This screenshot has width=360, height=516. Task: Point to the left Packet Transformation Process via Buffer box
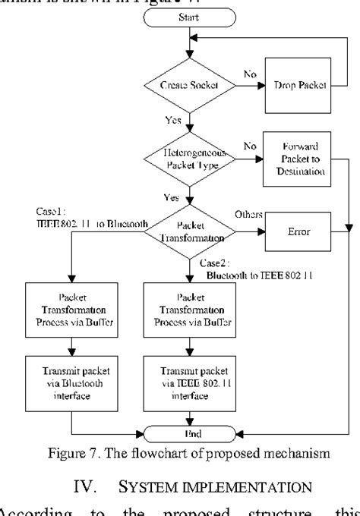pos(70,310)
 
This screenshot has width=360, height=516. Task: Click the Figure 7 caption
pos(186,454)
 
